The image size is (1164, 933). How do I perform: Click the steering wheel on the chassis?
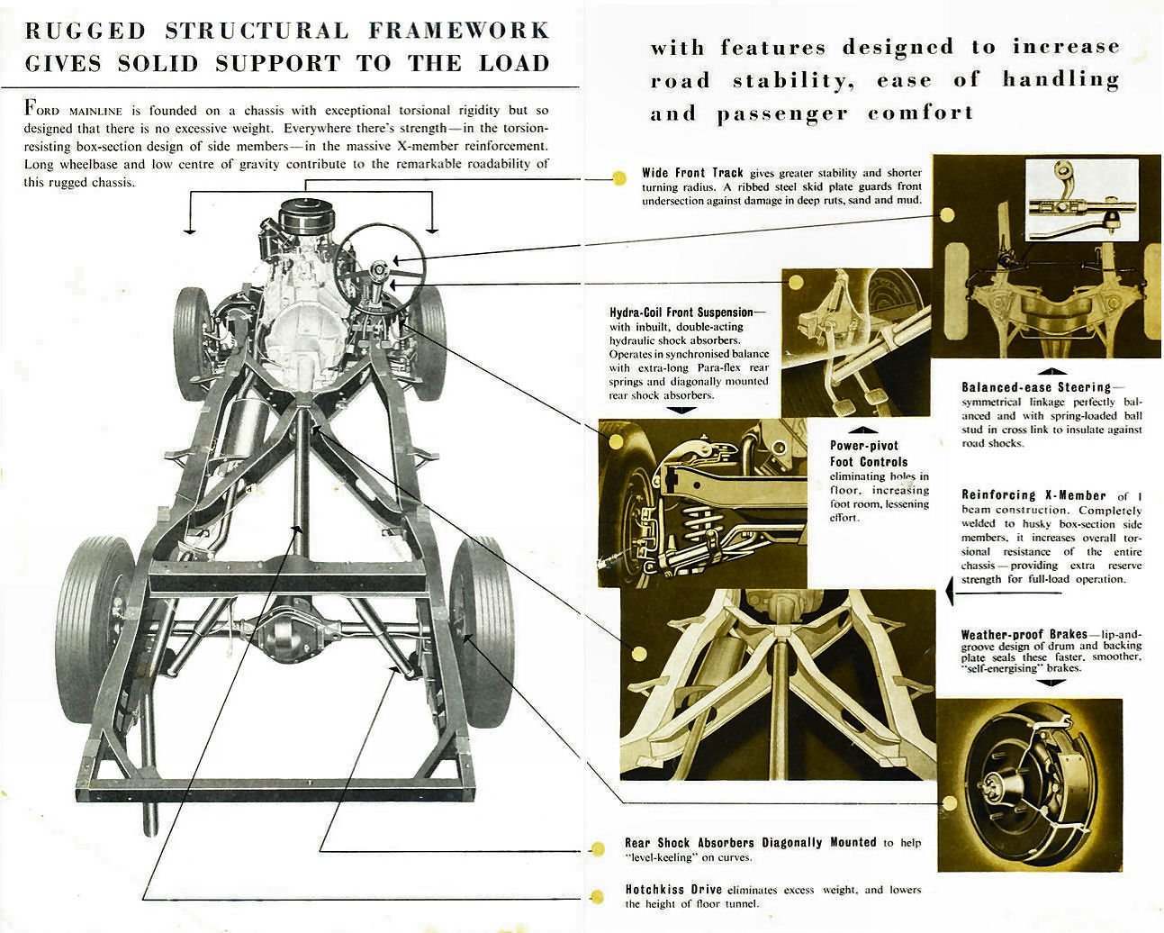(379, 267)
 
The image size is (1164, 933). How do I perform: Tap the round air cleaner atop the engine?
(306, 217)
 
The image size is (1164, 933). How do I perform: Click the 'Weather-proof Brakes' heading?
(1024, 634)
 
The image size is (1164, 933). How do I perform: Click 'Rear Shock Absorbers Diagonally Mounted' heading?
(750, 843)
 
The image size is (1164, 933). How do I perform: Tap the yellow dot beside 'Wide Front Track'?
(618, 178)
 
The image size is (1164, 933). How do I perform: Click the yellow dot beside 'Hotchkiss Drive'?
(597, 896)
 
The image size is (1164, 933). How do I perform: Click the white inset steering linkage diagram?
(1082, 201)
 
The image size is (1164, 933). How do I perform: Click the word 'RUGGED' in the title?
(85, 31)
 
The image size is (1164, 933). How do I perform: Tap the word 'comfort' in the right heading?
(920, 113)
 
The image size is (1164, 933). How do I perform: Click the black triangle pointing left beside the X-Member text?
(951, 592)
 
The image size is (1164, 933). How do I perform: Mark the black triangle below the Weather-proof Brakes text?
(1050, 683)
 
